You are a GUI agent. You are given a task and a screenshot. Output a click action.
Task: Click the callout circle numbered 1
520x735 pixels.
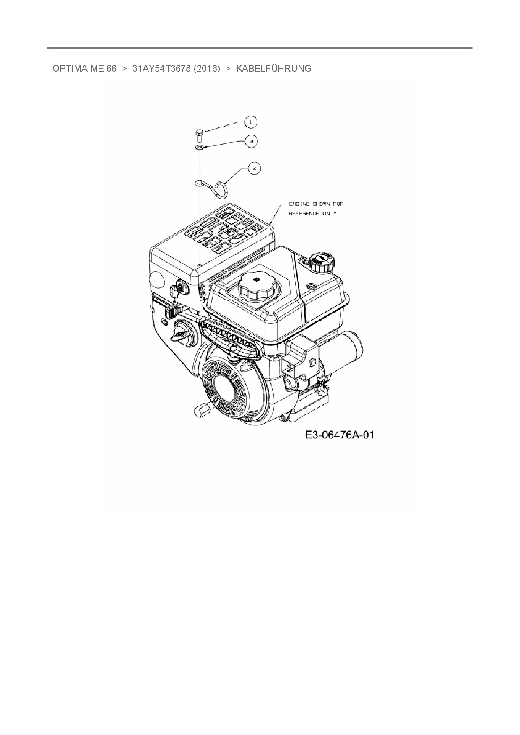(x=251, y=122)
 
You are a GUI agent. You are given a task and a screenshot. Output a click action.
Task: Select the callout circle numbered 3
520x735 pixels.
(x=251, y=141)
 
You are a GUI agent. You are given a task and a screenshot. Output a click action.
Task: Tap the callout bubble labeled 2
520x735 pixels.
(x=254, y=168)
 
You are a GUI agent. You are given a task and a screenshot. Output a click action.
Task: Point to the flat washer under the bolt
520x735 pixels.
(x=200, y=148)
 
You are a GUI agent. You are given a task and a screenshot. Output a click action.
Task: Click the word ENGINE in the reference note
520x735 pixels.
(x=299, y=204)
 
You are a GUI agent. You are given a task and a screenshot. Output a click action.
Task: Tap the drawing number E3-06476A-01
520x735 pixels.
(x=339, y=435)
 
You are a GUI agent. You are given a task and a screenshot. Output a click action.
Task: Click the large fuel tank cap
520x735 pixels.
(x=255, y=285)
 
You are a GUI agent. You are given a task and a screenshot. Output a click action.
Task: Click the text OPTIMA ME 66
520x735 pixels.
(x=84, y=69)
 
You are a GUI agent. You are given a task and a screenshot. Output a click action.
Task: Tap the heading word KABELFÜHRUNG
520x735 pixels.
(x=274, y=69)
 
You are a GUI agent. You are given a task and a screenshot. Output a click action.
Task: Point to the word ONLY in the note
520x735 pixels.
(x=329, y=214)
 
